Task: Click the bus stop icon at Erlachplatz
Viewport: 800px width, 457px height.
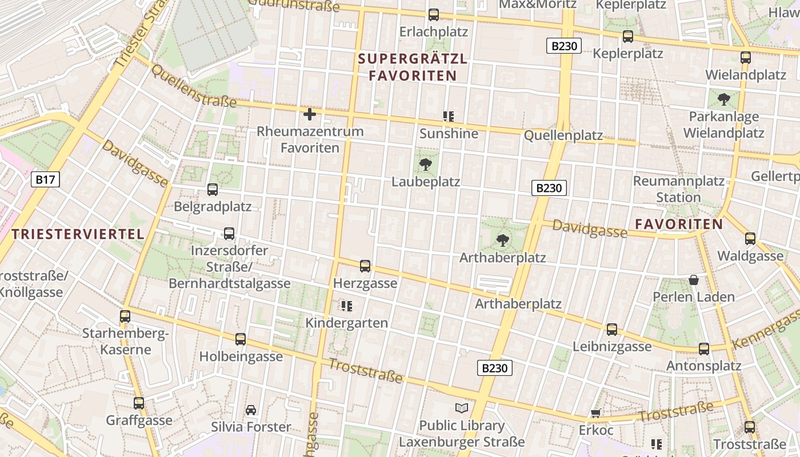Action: [x=434, y=15]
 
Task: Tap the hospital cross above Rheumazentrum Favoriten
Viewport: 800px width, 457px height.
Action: [x=310, y=114]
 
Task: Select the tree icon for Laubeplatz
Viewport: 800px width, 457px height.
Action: [x=425, y=165]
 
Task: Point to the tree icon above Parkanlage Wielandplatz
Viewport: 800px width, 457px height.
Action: [x=723, y=99]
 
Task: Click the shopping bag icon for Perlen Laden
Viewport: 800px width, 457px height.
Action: [x=694, y=280]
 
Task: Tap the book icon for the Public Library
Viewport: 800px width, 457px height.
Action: [x=462, y=408]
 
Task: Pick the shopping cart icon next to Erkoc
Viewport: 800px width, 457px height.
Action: [x=595, y=413]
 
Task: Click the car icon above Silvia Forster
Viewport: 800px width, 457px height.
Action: [x=251, y=410]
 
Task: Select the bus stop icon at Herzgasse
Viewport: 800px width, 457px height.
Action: [x=365, y=266]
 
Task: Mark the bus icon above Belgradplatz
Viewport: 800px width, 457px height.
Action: [x=213, y=189]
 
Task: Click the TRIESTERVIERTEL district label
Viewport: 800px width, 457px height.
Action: [x=78, y=234]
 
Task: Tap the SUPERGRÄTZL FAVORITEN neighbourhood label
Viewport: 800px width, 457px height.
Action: [x=413, y=67]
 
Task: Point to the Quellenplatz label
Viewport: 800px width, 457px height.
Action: [x=563, y=135]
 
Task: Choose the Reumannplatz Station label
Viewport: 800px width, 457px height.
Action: [x=678, y=189]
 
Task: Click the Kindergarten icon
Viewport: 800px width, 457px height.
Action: [x=346, y=306]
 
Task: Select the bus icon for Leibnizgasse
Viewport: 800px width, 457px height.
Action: [x=612, y=330]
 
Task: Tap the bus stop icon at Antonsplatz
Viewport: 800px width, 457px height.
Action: [x=704, y=348]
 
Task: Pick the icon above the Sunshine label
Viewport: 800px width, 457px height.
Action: [x=449, y=117]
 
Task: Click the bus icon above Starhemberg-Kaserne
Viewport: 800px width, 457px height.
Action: [x=125, y=316]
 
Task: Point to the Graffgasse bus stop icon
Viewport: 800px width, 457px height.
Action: [x=139, y=403]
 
